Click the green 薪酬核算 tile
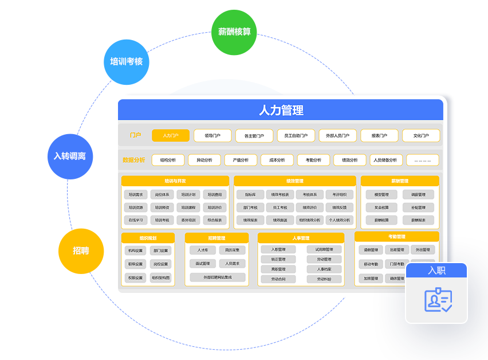[234, 32]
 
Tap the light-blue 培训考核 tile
[127, 62]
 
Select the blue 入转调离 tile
[70, 156]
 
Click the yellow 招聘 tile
[81, 251]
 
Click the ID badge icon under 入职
[438, 300]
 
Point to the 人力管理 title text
[281, 110]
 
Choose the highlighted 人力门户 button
[171, 136]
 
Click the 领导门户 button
[212, 136]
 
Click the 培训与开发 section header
[175, 181]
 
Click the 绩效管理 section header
[295, 181]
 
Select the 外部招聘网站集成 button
[217, 277]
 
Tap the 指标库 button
[250, 195]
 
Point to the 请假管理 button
[371, 250]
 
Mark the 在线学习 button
[136, 220]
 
